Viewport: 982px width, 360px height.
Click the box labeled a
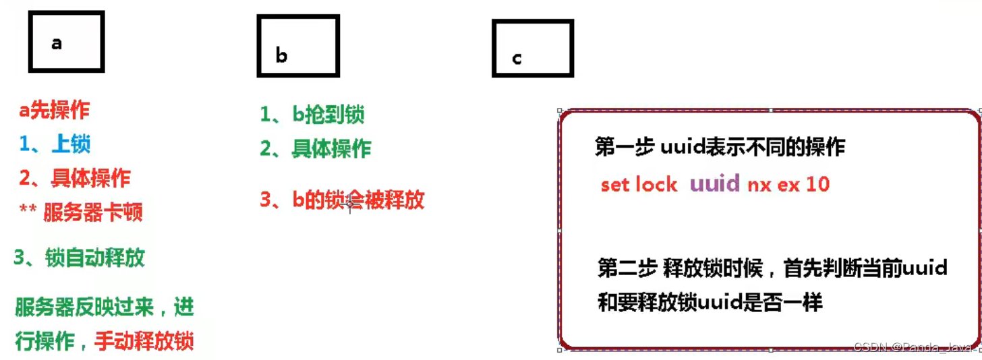click(66, 42)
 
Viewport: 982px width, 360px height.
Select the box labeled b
click(297, 46)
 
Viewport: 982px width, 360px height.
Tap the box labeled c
click(532, 48)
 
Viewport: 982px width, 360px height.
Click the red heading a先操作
click(54, 111)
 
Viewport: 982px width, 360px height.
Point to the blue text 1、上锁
click(55, 144)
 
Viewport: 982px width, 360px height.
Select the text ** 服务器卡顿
click(81, 212)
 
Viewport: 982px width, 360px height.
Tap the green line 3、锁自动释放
click(79, 258)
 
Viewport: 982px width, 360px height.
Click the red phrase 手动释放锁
click(144, 340)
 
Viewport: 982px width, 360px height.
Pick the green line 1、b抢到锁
click(312, 114)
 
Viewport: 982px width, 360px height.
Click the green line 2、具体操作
click(316, 148)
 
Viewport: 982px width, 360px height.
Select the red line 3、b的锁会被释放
click(342, 200)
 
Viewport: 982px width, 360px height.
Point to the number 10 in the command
click(817, 183)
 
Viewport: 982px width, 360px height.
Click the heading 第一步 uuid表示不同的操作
click(719, 146)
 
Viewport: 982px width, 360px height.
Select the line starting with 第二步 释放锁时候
click(772, 268)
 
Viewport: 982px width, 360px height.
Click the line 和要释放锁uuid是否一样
click(710, 303)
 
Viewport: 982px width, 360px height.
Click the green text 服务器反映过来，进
click(105, 307)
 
